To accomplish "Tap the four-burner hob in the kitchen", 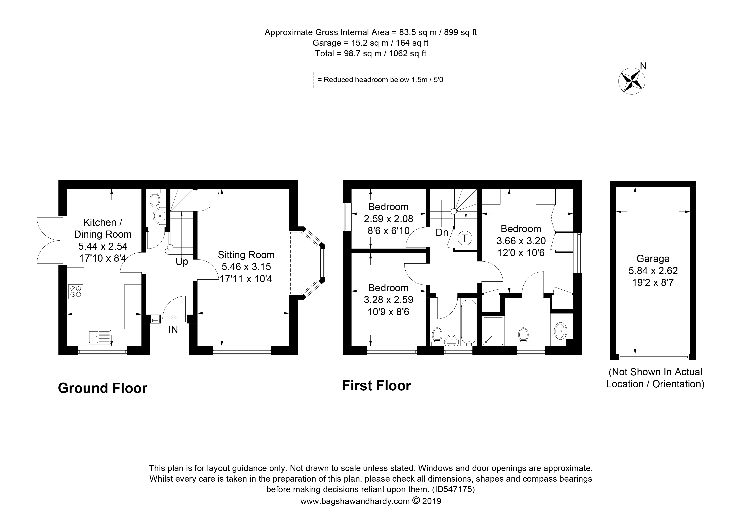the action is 76,291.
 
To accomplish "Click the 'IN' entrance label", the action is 173,330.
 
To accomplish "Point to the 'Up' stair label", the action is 182,262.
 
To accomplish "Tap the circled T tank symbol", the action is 465,238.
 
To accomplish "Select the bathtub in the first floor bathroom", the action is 468,322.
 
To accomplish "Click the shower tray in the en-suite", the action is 493,331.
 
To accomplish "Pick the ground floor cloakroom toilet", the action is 155,198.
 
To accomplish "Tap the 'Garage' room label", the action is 653,259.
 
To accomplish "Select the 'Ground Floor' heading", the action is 102,388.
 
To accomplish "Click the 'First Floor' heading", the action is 376,385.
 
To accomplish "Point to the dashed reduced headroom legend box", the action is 302,80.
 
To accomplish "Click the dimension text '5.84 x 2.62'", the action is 653,271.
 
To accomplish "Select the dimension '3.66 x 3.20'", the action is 521,241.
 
